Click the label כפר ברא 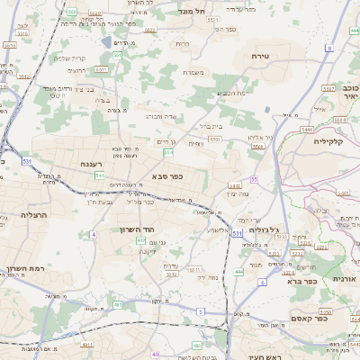point(306,281)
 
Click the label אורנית point(345,279)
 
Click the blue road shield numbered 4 point(94,235)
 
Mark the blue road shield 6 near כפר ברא point(262,282)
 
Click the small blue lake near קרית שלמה point(107,42)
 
